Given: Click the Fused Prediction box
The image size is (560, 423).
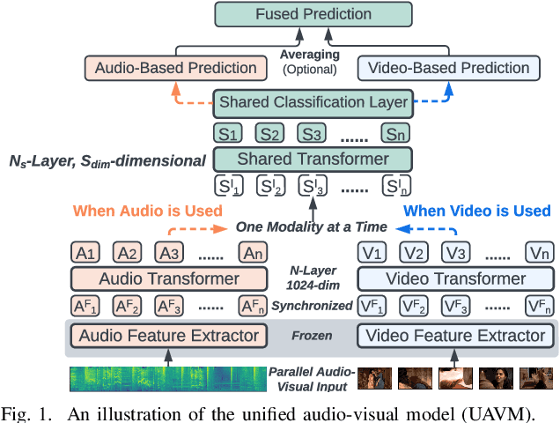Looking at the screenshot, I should pyautogui.click(x=313, y=15).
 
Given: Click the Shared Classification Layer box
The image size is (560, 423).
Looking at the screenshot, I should pyautogui.click(x=313, y=102).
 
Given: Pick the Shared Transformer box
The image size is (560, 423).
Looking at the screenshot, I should pyautogui.click(x=313, y=160).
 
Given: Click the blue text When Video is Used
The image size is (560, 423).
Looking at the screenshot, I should pyautogui.click(x=476, y=211).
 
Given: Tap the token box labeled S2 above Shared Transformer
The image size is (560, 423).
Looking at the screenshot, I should pyautogui.click(x=270, y=134).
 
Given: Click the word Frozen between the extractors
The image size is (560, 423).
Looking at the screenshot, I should pyautogui.click(x=312, y=336).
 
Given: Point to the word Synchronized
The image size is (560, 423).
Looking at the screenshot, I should pyautogui.click(x=312, y=306).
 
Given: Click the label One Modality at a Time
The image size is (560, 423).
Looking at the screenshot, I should pyautogui.click(x=312, y=227).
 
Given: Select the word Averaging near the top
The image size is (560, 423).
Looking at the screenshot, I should pyautogui.click(x=309, y=55).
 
